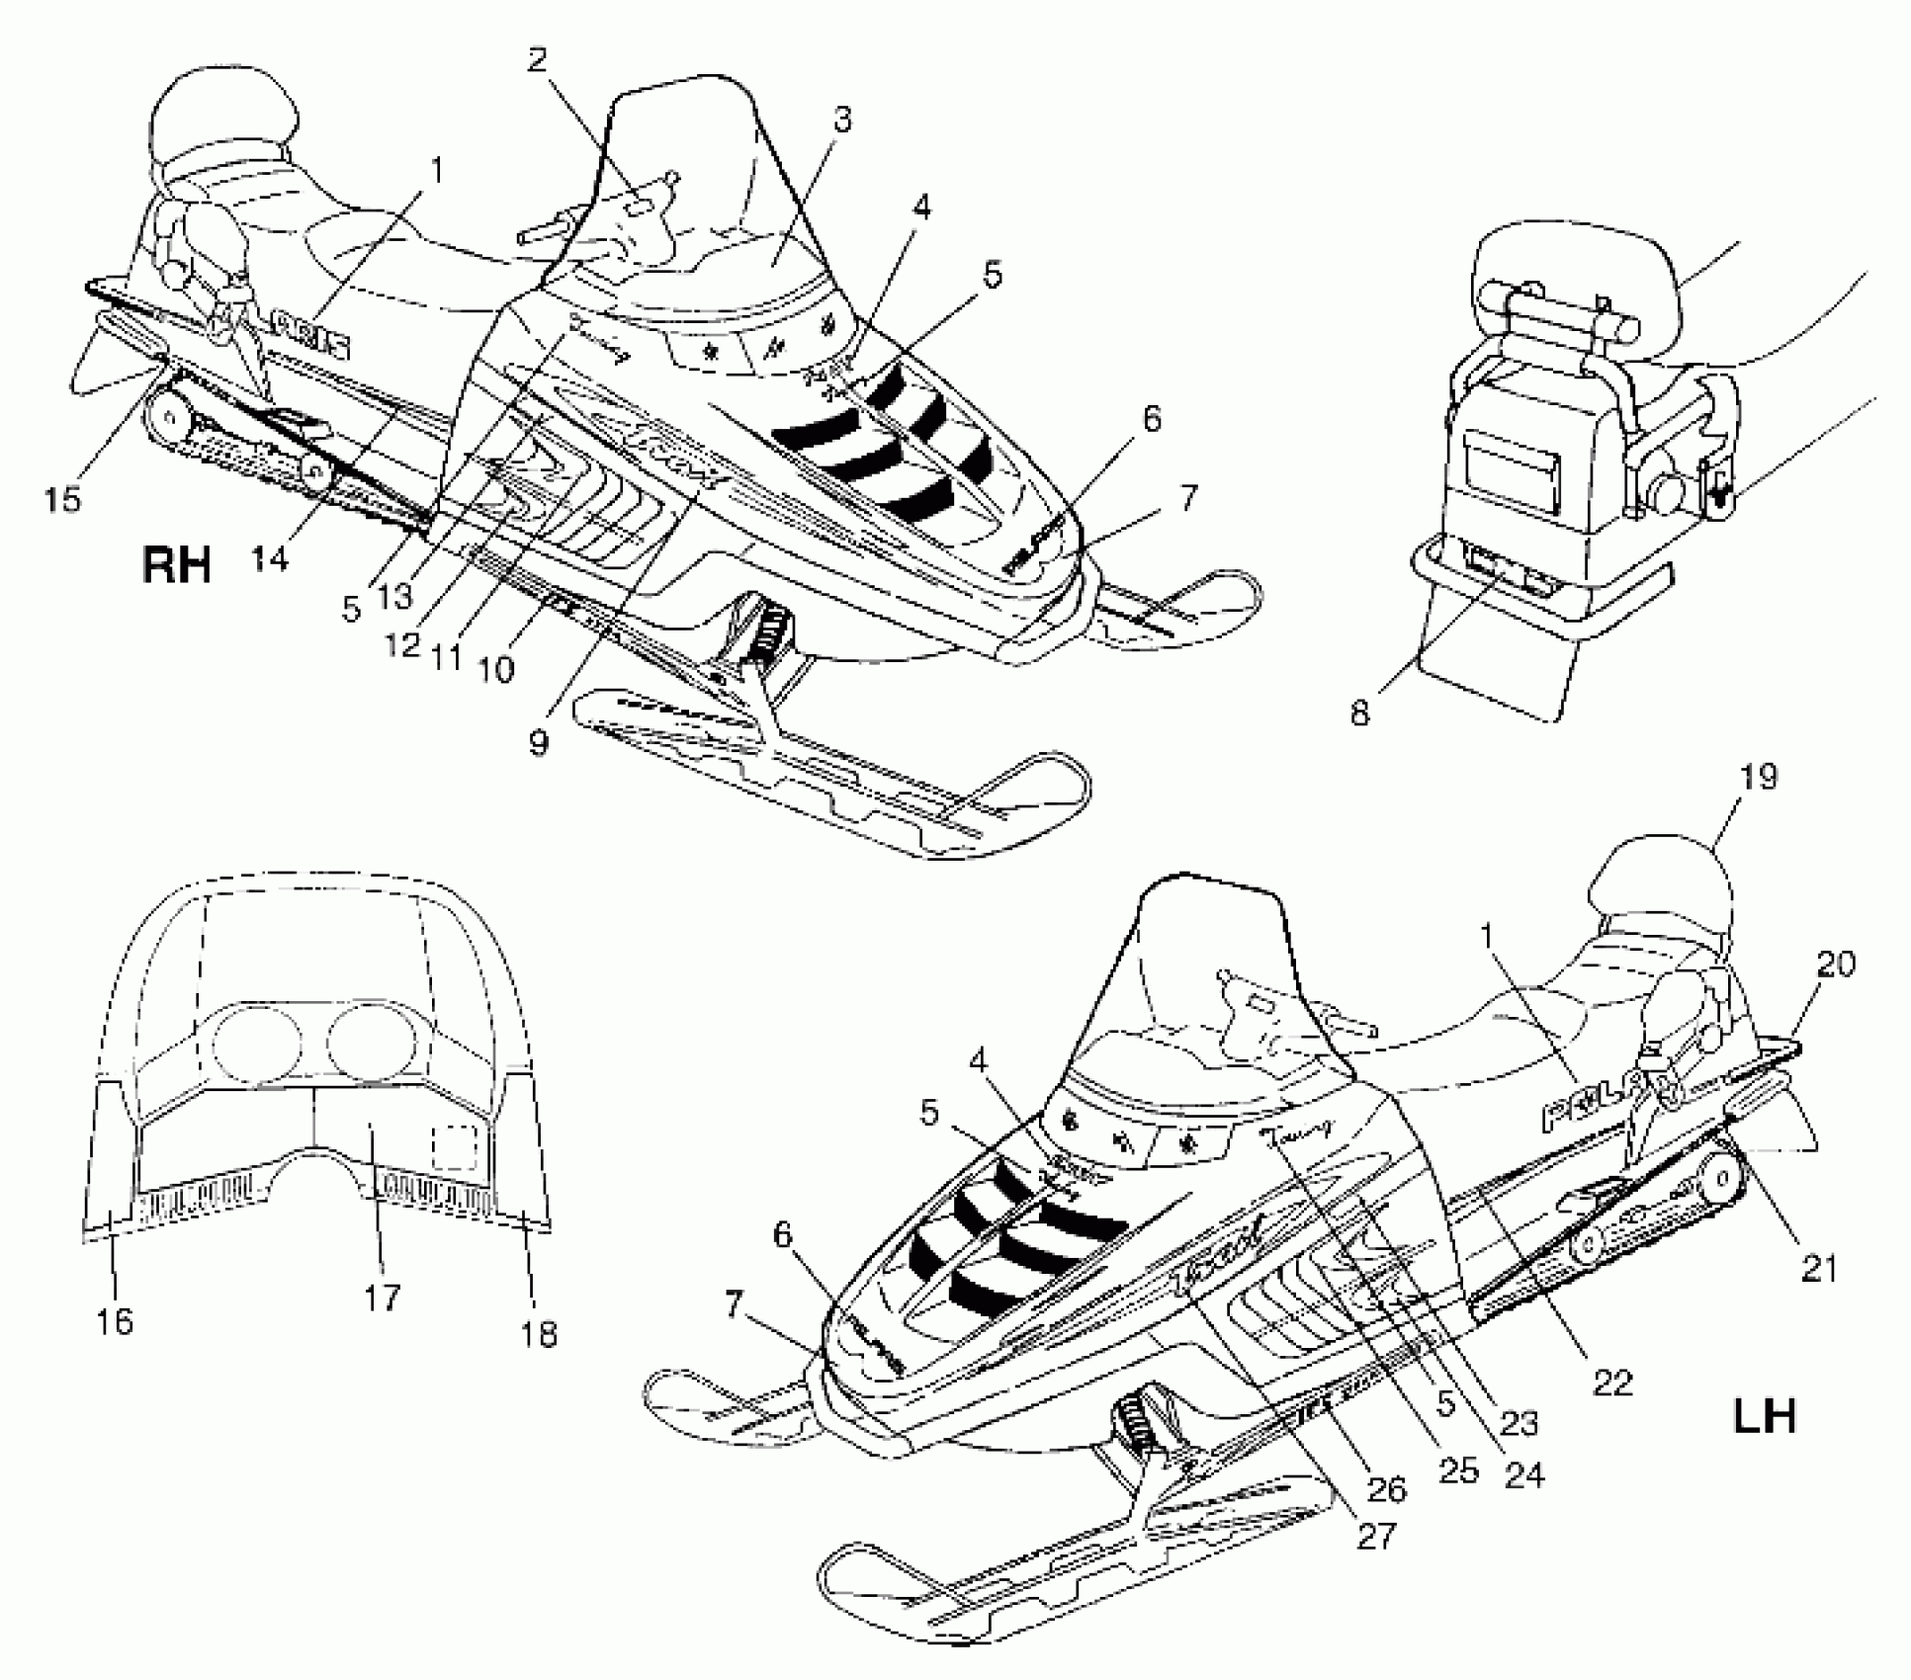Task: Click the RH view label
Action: tap(178, 566)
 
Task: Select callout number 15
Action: tap(61, 499)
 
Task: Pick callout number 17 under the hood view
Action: tap(382, 1297)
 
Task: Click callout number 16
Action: tap(115, 1320)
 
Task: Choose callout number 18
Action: tap(539, 1333)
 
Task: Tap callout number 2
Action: tap(537, 60)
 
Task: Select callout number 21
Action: tap(1819, 1268)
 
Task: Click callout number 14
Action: tap(269, 557)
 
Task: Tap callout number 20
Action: tap(1835, 964)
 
